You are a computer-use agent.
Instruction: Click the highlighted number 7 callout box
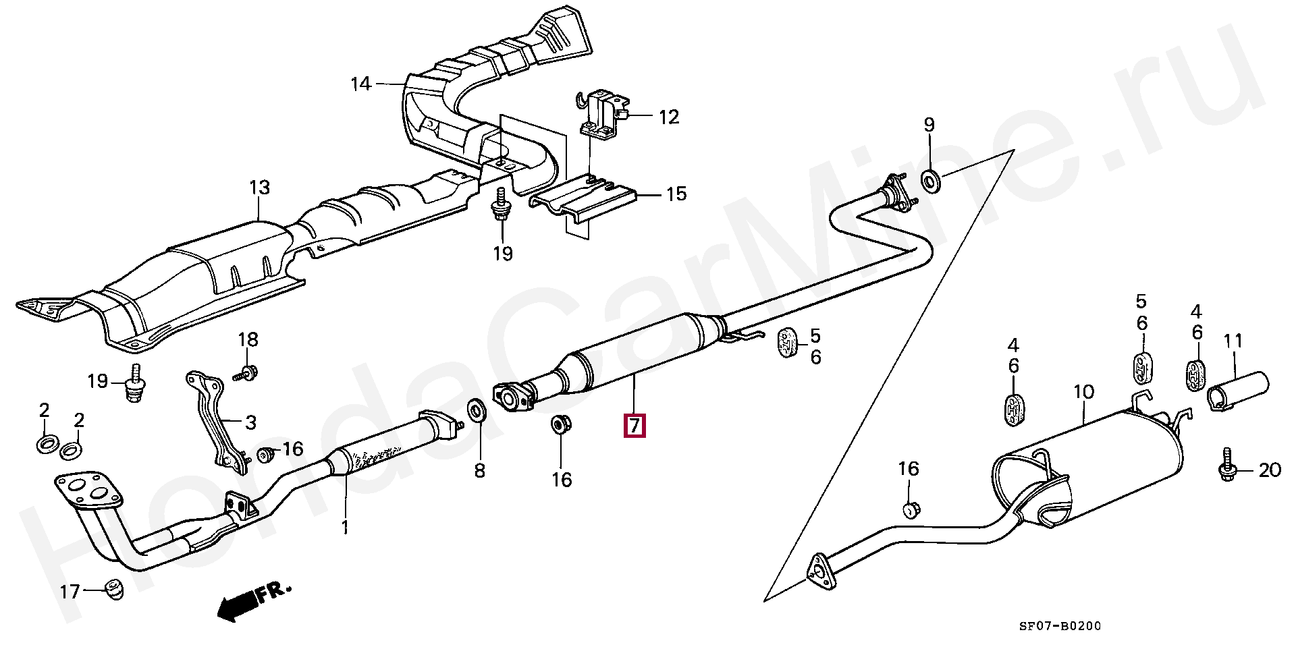coord(634,426)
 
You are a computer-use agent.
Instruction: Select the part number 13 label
coord(260,187)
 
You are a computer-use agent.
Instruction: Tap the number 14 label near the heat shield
coord(361,84)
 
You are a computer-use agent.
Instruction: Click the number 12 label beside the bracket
coord(668,117)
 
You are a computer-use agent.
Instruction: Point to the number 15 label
coord(676,194)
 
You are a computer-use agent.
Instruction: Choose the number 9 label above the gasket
coord(929,125)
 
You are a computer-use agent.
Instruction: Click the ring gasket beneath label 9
coord(932,181)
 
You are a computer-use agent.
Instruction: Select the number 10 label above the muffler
coord(1083,392)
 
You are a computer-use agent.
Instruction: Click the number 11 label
coord(1233,341)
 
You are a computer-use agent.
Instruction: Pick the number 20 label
coord(1270,470)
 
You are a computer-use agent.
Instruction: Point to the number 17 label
coord(70,592)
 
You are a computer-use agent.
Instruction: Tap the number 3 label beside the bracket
coord(250,423)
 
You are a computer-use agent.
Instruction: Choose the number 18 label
coord(248,339)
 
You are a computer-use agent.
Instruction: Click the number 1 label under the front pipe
coord(345,527)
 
